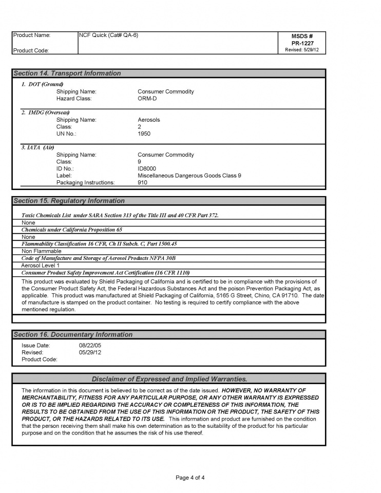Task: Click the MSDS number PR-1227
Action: coord(302,43)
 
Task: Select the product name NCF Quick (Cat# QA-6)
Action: coord(108,35)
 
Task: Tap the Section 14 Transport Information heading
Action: coord(67,73)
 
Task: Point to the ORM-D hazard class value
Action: coord(147,99)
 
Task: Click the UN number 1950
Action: coord(144,134)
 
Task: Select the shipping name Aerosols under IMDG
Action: coord(149,120)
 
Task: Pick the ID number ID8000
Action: coord(147,168)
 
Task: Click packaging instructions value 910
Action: coord(142,182)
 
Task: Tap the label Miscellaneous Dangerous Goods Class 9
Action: coord(189,176)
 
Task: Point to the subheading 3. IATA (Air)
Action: coord(37,147)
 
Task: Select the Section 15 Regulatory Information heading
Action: coord(69,201)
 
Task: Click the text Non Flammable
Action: coord(41,251)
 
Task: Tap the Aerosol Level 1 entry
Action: coord(41,266)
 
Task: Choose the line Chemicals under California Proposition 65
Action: coord(72,230)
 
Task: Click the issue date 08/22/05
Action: coord(90,346)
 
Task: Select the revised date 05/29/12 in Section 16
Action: coord(90,352)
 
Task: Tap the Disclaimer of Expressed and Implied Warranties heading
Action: coord(169,379)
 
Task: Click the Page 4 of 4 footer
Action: coord(190,478)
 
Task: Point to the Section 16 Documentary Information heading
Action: coord(73,334)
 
